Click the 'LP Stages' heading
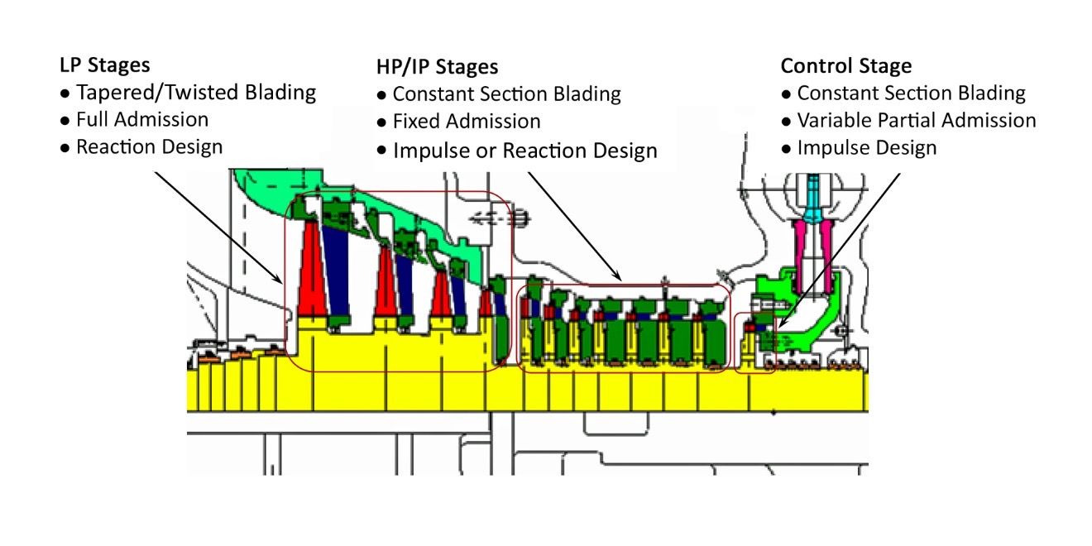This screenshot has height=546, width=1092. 103,65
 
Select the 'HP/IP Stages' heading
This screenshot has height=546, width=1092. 437,67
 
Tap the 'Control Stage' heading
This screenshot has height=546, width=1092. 846,66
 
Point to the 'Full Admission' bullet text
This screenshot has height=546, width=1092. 142,119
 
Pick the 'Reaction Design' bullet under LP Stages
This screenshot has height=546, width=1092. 150,146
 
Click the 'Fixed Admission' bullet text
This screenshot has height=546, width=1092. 467,122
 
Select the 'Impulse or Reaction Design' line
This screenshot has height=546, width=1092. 525,151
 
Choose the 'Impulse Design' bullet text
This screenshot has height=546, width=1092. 867,148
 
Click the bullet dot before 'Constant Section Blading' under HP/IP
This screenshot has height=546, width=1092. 381,95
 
